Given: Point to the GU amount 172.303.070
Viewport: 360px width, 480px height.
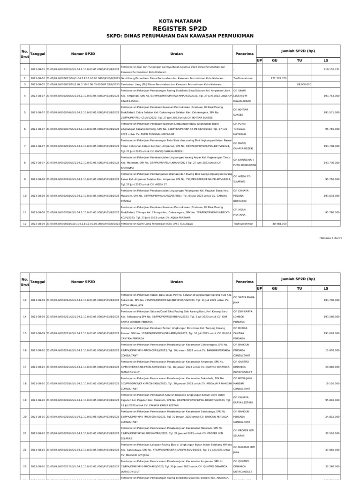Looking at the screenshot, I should (278, 78).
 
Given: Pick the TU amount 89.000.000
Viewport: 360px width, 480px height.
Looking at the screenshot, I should (304, 84).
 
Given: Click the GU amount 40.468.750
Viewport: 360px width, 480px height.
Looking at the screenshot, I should (278, 224).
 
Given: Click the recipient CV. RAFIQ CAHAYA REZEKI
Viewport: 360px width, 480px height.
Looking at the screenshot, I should (244, 146).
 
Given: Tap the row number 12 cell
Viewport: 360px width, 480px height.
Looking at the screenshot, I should (24, 224).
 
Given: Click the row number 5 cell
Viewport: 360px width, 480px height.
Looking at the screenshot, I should (24, 112).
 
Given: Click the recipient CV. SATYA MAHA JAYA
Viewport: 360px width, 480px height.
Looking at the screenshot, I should (244, 300).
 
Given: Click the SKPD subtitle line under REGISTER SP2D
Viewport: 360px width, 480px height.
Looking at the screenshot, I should (180, 36).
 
